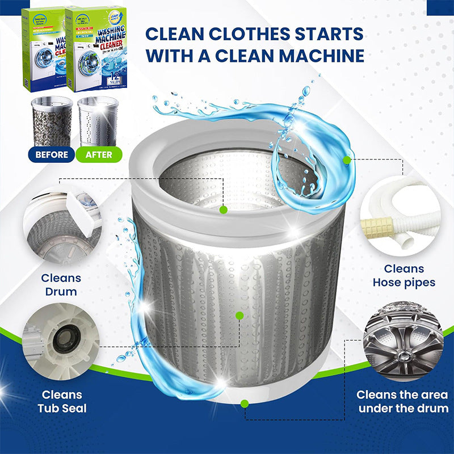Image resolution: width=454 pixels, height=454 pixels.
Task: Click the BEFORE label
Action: [x=52, y=154]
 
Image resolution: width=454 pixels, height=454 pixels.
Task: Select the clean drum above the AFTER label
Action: [x=98, y=120]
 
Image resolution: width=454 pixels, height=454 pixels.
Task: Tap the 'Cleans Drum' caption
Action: [x=61, y=285]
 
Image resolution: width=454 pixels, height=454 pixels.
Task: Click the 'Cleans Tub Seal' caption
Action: [x=61, y=401]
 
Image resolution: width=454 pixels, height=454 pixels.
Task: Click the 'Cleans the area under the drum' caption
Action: [x=402, y=401]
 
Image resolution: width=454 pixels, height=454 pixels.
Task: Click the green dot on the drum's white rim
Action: [x=224, y=209]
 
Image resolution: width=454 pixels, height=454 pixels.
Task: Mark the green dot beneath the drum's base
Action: [x=244, y=404]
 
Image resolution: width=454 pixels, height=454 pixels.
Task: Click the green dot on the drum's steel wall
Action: [x=239, y=316]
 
